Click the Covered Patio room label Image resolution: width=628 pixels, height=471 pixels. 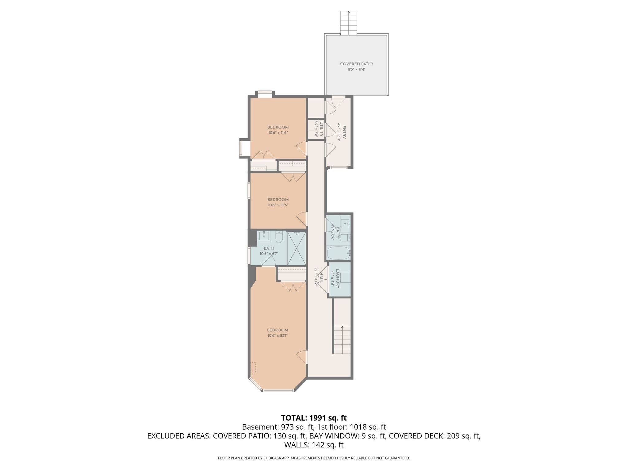coord(356,64)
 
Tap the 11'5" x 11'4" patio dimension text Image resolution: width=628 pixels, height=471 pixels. coord(356,70)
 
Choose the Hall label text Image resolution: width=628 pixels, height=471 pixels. coord(321,278)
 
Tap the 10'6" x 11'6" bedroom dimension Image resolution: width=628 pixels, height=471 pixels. coord(278,133)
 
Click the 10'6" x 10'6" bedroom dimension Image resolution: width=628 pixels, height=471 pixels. coord(278,205)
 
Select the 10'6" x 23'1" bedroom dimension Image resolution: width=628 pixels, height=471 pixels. coord(278,335)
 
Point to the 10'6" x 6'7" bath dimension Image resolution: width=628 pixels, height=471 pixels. coord(269,254)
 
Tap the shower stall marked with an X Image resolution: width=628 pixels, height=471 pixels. coord(297,248)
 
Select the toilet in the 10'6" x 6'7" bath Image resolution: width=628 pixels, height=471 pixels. coord(279,237)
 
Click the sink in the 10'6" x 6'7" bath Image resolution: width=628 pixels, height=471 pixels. coord(264,236)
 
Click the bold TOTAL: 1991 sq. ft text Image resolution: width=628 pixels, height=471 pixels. coord(314,418)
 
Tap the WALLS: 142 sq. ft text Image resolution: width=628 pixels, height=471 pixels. coord(314,445)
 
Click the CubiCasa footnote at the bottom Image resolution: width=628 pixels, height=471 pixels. coord(314,458)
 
